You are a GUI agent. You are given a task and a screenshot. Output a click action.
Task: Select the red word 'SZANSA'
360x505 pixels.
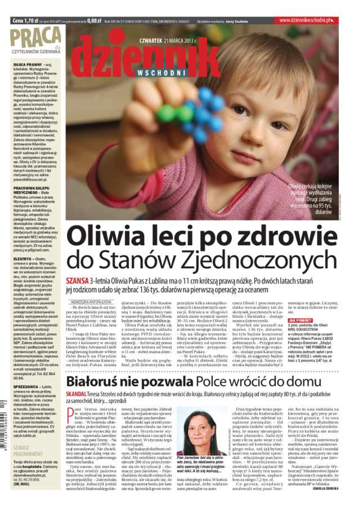(x=77, y=281)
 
